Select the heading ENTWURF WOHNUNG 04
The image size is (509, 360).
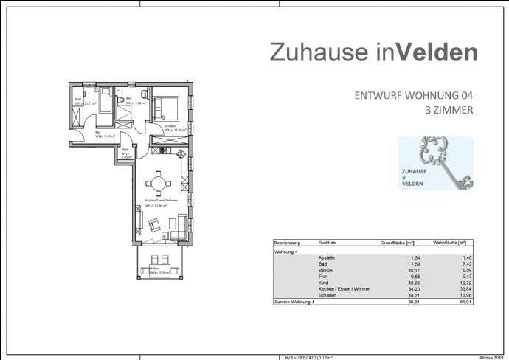pos(413,95)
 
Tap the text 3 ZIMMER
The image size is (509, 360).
pos(449,111)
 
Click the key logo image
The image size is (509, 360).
pos(434,164)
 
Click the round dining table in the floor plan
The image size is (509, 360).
pos(156,182)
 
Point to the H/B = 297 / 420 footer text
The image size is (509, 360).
pos(310,356)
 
